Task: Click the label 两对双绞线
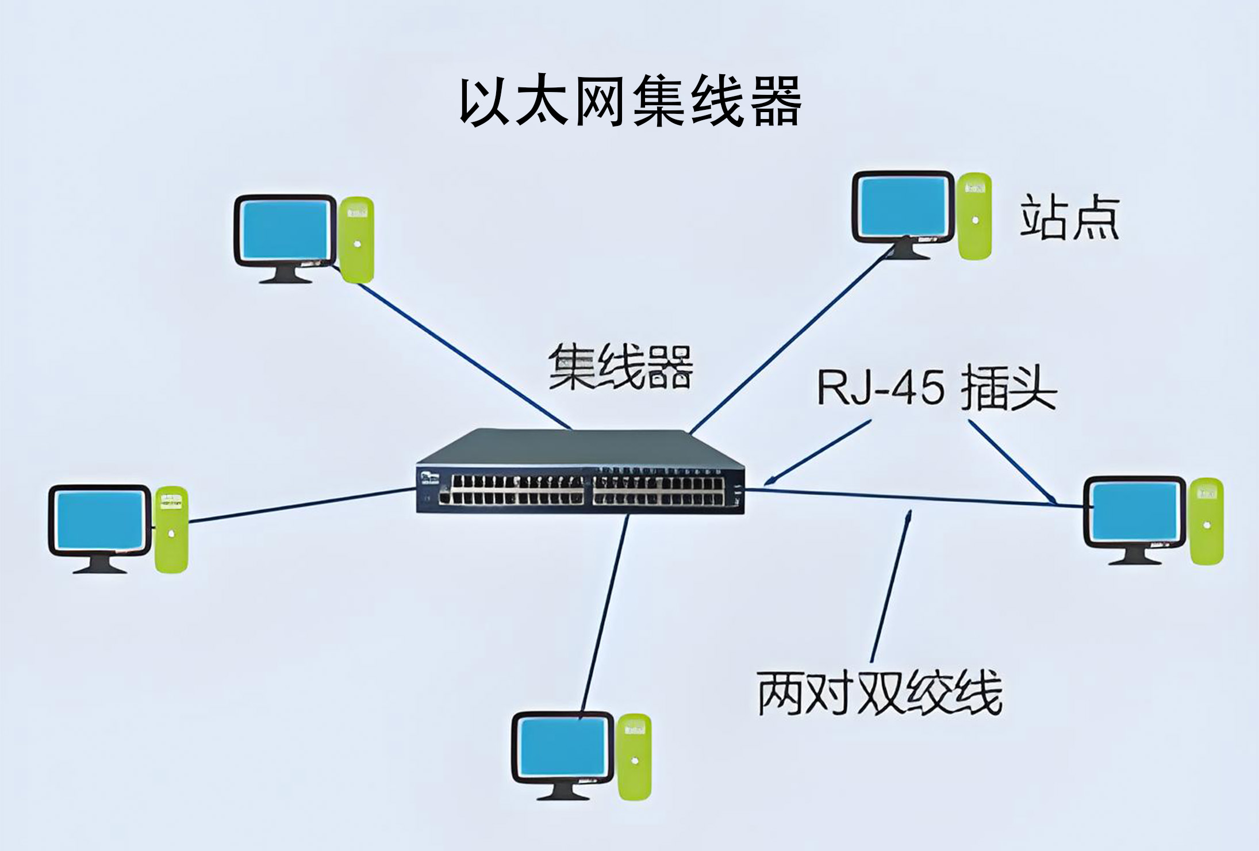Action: coord(880,693)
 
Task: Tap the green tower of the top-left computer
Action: coord(356,240)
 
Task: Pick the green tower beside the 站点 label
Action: coord(974,216)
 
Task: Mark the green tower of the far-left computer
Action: coord(171,529)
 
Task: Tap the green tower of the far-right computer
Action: coord(1206,521)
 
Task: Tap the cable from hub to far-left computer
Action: coord(299,505)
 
